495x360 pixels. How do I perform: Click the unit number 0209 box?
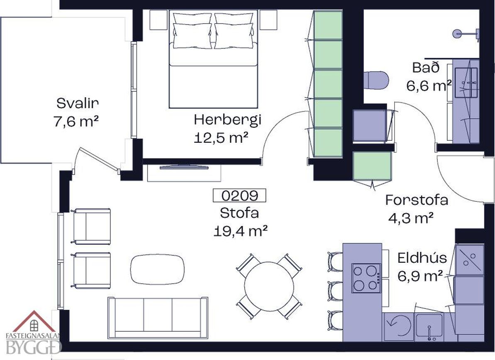click(x=239, y=196)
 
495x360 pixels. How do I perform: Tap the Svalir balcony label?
click(x=78, y=103)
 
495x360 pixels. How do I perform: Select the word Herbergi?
click(x=228, y=120)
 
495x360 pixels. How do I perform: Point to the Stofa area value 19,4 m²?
click(x=241, y=231)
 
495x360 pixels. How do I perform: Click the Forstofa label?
click(x=417, y=200)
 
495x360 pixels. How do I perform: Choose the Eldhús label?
click(x=422, y=258)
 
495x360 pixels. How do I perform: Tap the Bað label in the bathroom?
click(x=426, y=68)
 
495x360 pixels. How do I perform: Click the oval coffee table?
click(x=158, y=269)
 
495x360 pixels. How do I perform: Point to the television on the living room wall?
click(x=184, y=167)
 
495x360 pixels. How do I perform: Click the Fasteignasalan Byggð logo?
click(x=31, y=332)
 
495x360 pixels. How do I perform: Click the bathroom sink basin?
click(x=466, y=83)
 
